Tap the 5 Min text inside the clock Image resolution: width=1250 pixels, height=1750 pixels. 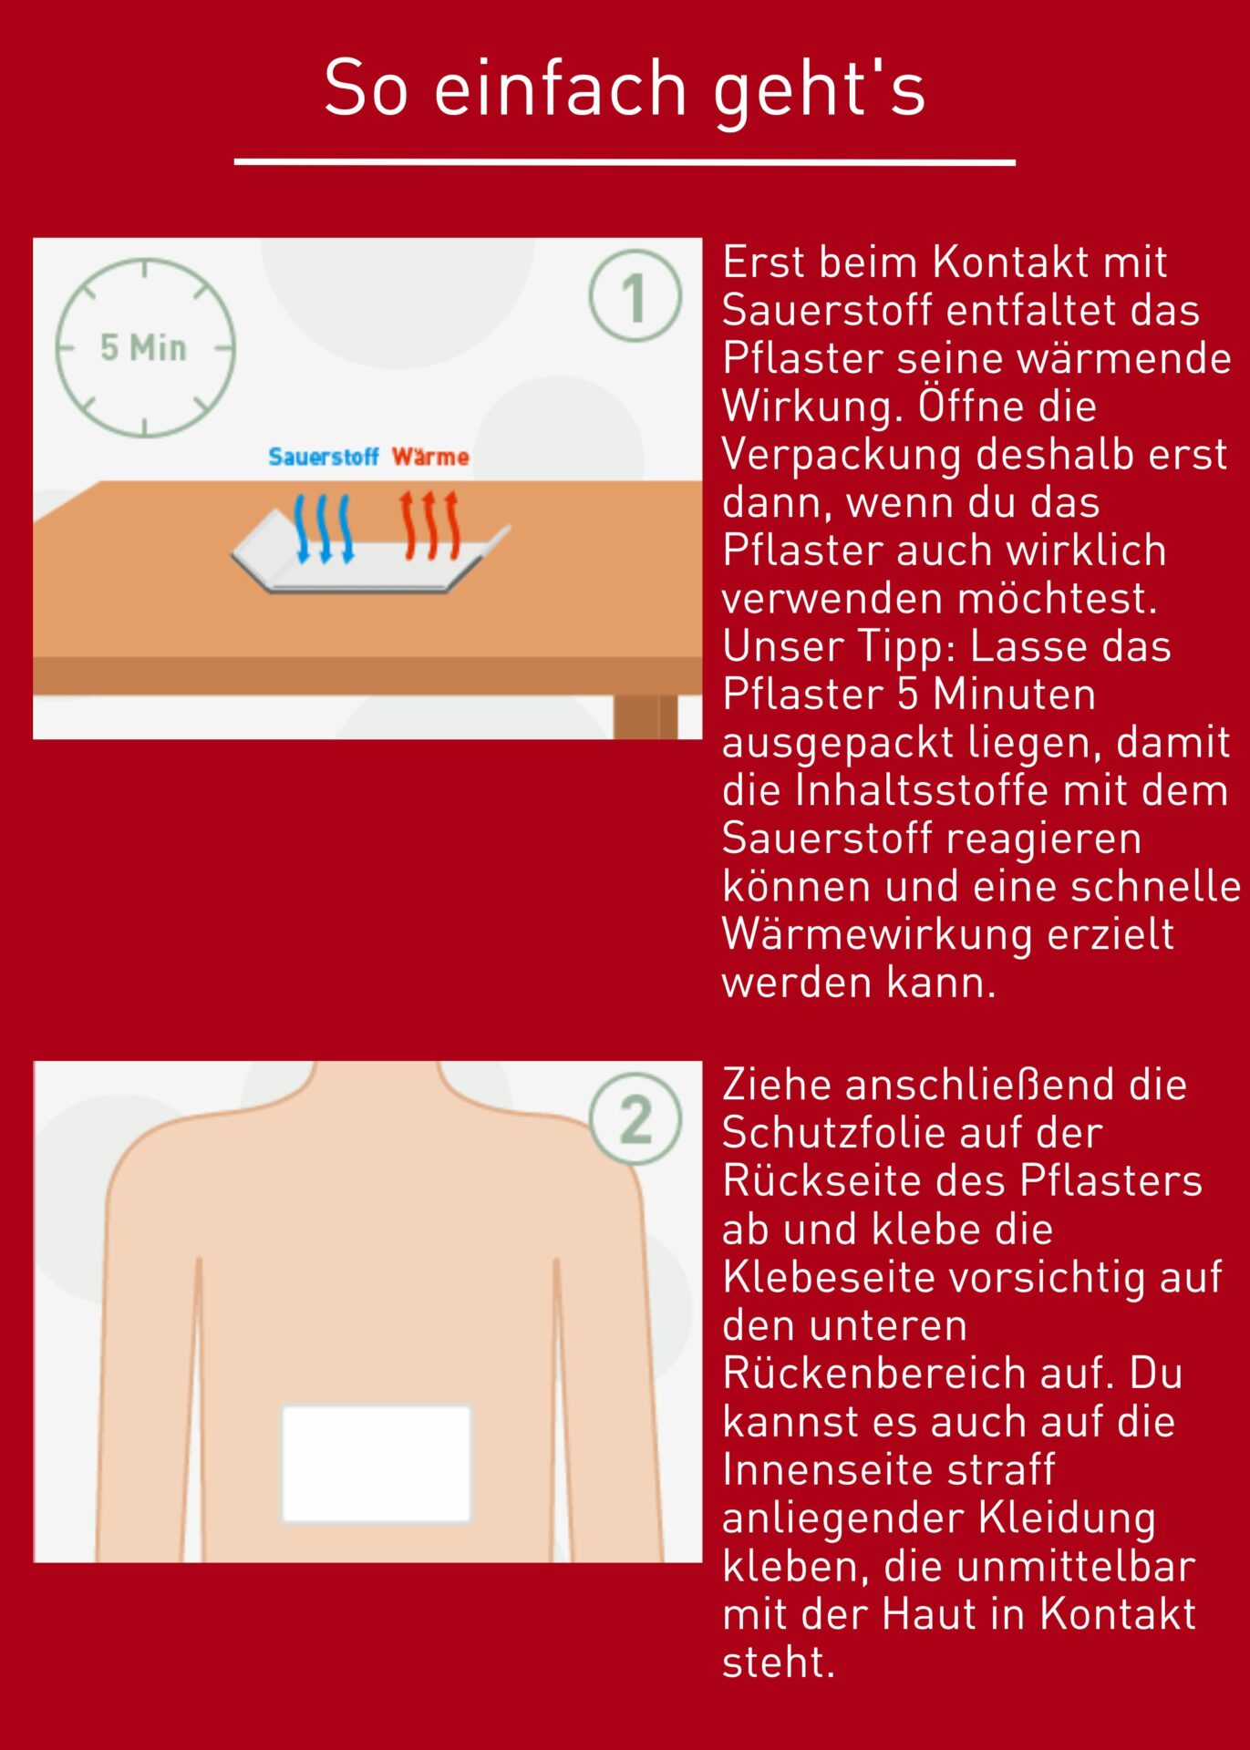143,348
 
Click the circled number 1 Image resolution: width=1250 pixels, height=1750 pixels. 635,296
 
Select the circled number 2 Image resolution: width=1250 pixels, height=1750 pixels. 635,1118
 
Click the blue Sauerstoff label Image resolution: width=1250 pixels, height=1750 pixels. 324,457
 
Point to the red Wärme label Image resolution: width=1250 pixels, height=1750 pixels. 430,456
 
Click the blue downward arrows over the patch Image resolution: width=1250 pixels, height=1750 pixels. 324,529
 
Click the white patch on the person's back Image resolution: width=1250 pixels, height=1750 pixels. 377,1463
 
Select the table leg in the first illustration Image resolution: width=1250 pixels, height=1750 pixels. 646,716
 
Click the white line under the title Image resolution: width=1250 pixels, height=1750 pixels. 625,162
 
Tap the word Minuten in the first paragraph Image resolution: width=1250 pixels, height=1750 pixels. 1014,695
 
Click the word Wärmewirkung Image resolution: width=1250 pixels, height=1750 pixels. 877,936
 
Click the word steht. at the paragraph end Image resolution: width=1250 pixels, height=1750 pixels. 779,1662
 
